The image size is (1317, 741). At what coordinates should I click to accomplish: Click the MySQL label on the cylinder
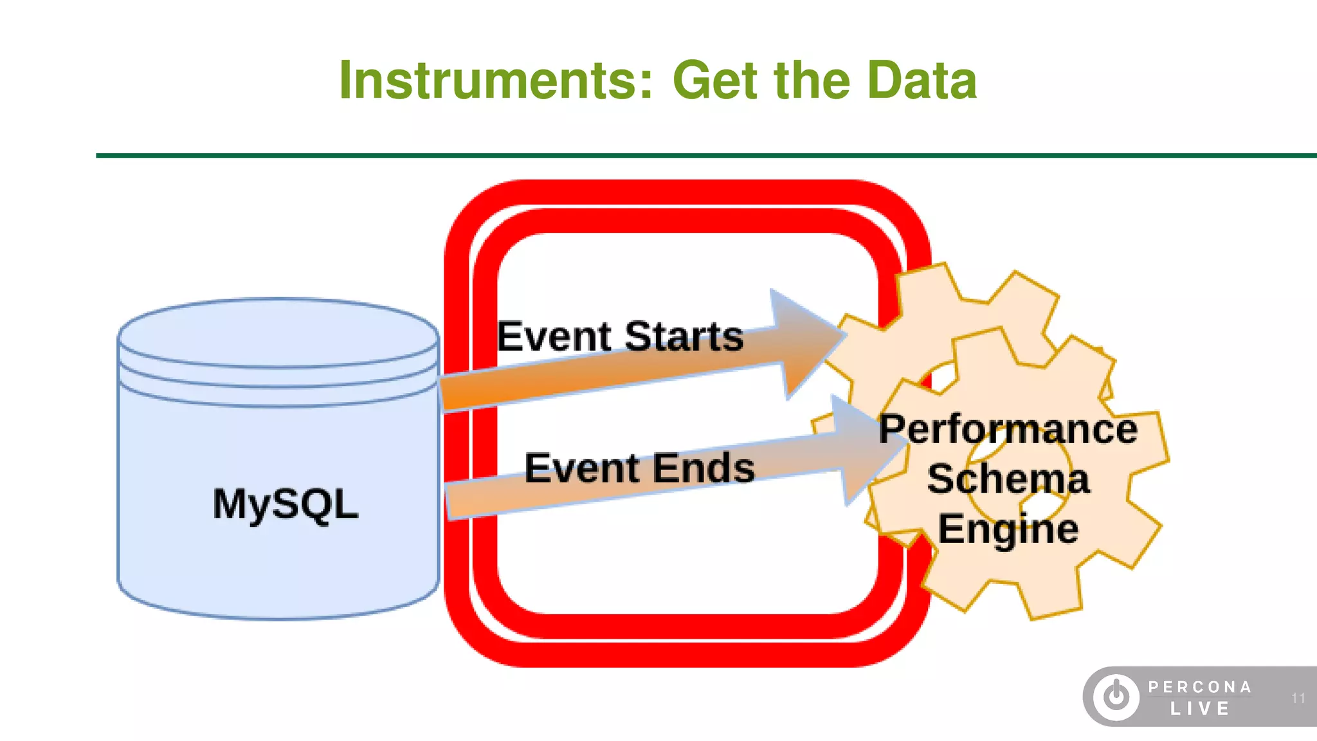click(x=285, y=504)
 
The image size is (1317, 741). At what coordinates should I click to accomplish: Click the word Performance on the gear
click(x=1008, y=429)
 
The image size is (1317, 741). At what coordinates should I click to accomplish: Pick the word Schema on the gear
click(x=1008, y=479)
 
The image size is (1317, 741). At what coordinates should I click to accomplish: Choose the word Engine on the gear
click(x=1008, y=529)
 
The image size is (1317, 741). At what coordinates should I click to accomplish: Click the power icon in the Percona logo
click(x=1116, y=697)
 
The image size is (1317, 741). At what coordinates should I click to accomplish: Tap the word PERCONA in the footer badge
click(x=1199, y=687)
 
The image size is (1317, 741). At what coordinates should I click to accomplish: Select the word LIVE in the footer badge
click(x=1199, y=709)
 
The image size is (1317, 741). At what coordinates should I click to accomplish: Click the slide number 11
click(x=1298, y=698)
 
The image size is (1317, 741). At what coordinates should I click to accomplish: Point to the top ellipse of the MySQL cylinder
click(x=278, y=331)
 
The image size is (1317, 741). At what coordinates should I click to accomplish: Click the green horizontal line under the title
click(x=643, y=155)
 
